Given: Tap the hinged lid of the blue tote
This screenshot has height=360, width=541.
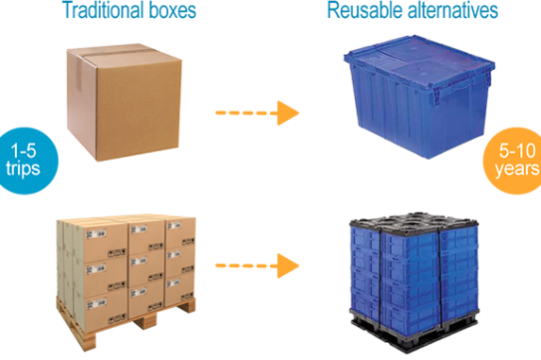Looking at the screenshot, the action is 415,61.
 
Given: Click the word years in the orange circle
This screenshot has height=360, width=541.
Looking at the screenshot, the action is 517,171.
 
